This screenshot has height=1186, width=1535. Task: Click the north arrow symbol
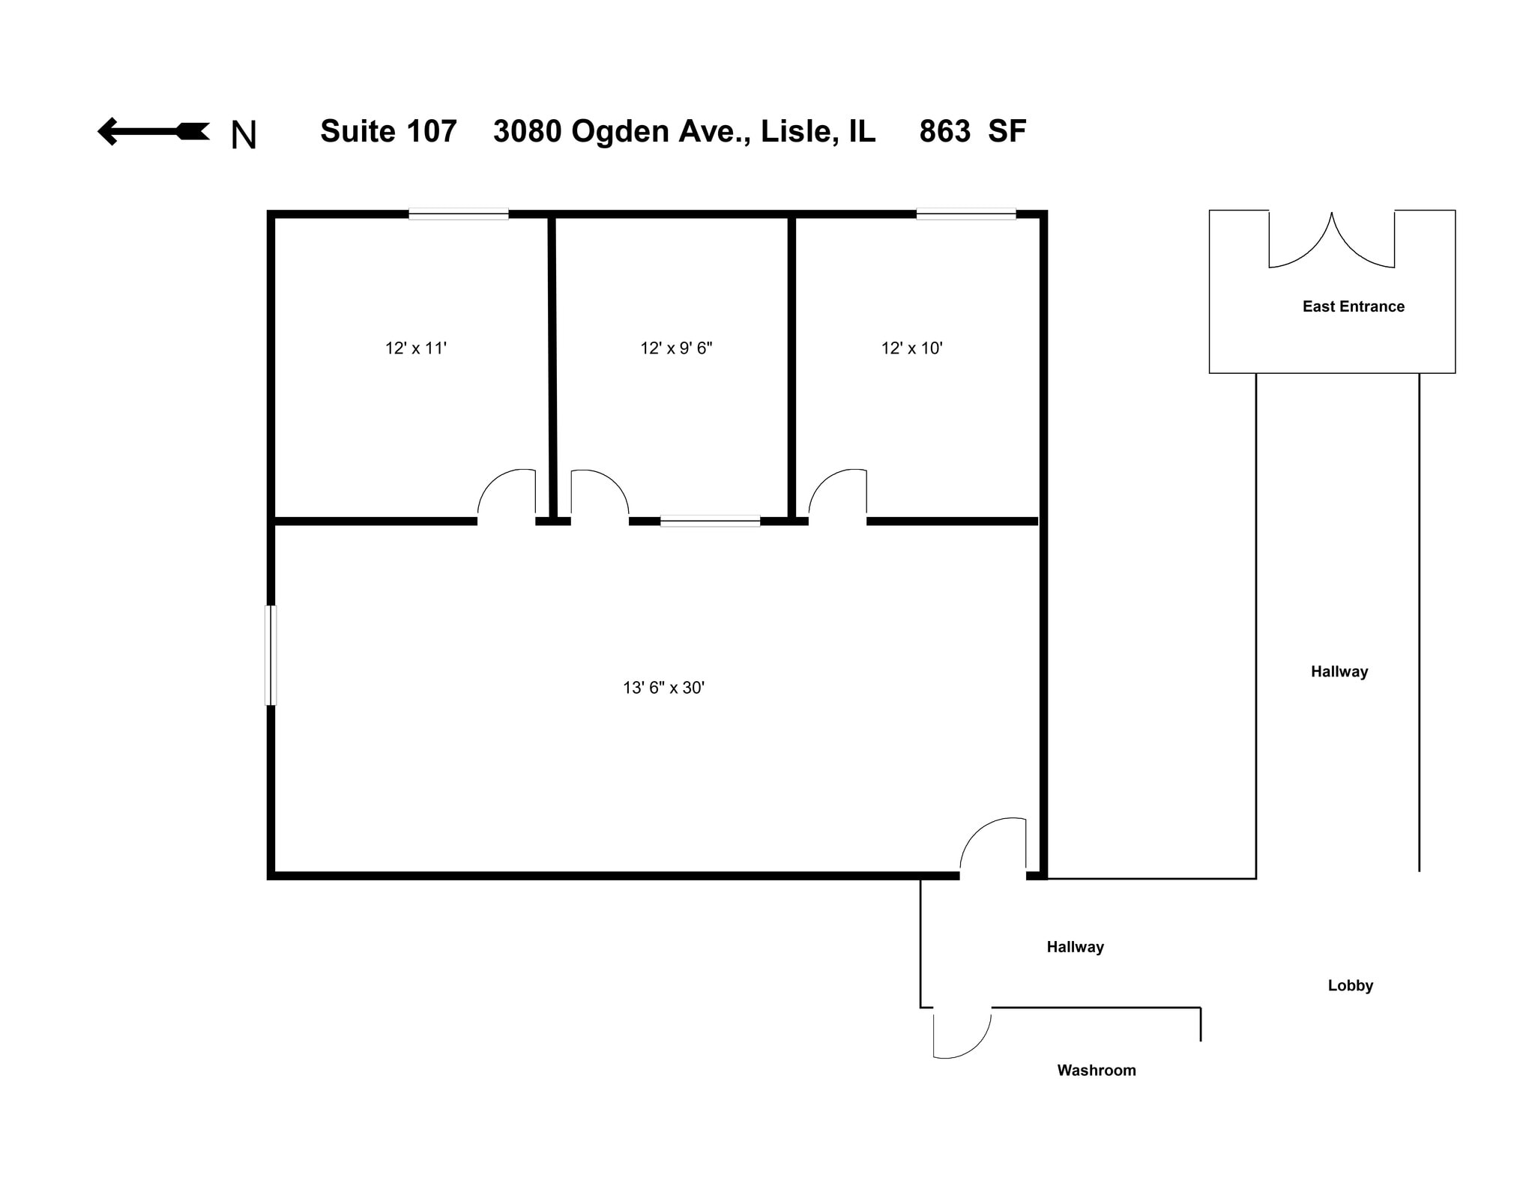pyautogui.click(x=153, y=132)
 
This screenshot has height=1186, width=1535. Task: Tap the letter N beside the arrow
pyautogui.click(x=244, y=136)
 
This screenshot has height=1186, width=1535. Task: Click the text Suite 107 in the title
pyautogui.click(x=388, y=132)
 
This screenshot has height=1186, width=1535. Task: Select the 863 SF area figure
pyautogui.click(x=972, y=132)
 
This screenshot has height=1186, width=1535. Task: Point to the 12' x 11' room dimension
pyautogui.click(x=416, y=348)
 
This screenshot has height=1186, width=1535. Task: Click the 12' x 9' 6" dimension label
pyautogui.click(x=676, y=348)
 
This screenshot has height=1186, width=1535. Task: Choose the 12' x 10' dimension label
pyautogui.click(x=911, y=348)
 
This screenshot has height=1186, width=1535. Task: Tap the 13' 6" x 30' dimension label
pyautogui.click(x=663, y=688)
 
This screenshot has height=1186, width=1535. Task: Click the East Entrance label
pyautogui.click(x=1353, y=306)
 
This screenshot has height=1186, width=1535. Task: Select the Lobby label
pyautogui.click(x=1350, y=986)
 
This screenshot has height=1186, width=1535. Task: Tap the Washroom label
pyautogui.click(x=1096, y=1071)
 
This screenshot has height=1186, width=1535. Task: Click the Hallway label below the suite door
pyautogui.click(x=1075, y=947)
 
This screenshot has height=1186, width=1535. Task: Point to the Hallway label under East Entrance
pyautogui.click(x=1339, y=672)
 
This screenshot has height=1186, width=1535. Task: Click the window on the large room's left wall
pyautogui.click(x=271, y=656)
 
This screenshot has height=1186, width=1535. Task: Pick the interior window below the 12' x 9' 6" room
pyautogui.click(x=710, y=521)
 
